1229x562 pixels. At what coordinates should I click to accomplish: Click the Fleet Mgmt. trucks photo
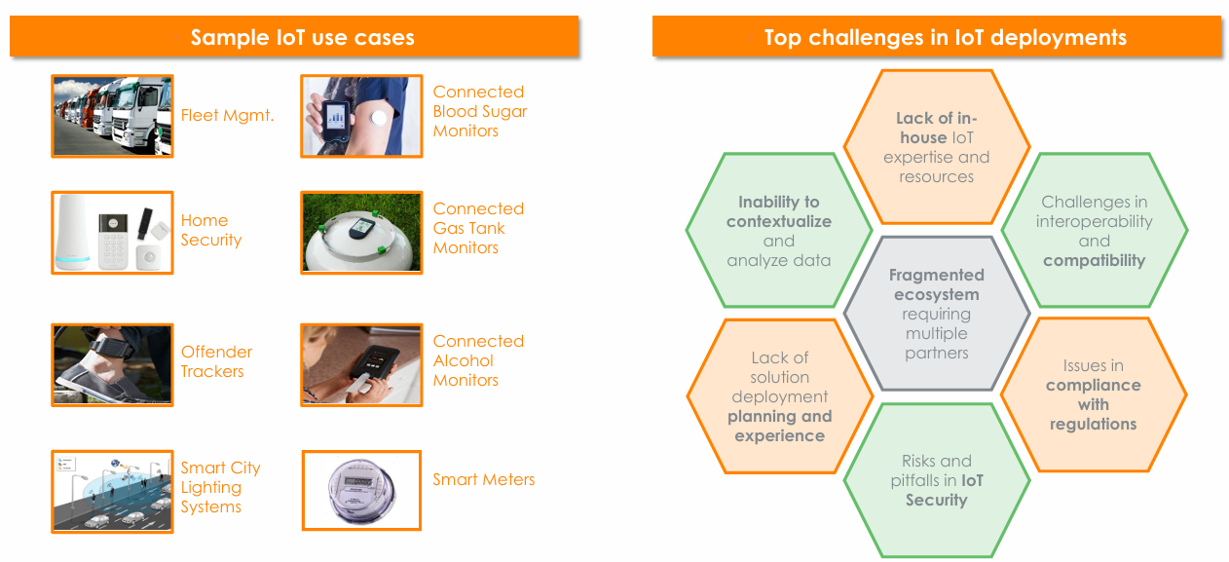(112, 116)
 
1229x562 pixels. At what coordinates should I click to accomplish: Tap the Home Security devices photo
(112, 232)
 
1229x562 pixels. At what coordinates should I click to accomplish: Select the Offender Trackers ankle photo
(112, 364)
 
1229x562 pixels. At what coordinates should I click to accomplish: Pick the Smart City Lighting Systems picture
(112, 491)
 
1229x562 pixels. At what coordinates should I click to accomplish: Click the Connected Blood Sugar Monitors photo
(361, 116)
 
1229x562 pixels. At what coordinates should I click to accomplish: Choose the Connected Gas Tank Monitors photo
(361, 232)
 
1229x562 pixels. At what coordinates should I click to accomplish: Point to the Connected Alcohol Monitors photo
(361, 364)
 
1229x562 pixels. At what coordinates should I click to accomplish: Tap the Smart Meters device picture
(361, 490)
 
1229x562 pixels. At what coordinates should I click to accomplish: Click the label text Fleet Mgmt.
(227, 116)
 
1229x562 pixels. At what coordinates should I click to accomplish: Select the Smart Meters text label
(483, 479)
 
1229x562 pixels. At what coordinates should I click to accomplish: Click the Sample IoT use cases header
(302, 38)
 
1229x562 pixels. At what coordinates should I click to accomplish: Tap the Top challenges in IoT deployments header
(945, 38)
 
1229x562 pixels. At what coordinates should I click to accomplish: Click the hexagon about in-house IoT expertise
(936, 147)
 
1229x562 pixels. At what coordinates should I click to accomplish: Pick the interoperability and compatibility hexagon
(1094, 231)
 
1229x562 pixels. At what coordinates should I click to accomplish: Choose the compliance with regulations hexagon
(1093, 395)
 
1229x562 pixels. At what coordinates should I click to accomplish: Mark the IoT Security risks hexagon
(936, 480)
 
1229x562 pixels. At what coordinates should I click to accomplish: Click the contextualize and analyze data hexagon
(779, 231)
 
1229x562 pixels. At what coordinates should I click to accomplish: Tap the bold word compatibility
(1094, 261)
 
